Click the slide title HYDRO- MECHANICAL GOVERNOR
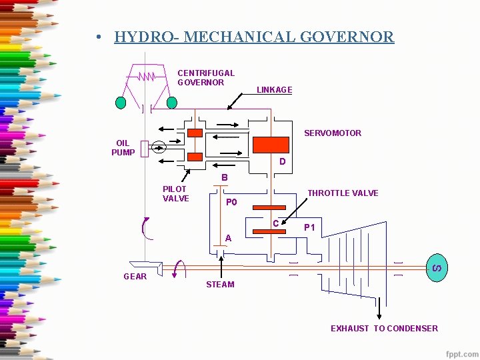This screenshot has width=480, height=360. point(254,37)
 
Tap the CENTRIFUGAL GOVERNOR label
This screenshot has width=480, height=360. point(205,77)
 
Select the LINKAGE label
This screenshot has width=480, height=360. point(274,90)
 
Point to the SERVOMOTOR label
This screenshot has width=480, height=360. point(333,133)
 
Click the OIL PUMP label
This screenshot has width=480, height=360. point(123,148)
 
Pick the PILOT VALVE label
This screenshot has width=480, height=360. point(176,194)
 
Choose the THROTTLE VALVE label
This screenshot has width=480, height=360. point(343,193)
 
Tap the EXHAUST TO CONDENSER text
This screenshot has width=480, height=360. point(384,328)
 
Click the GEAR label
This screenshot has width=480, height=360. point(135,277)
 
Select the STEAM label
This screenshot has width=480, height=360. point(220,285)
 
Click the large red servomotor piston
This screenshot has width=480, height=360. point(271,145)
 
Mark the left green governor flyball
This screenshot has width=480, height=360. point(121,103)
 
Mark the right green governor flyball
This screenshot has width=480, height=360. point(171,103)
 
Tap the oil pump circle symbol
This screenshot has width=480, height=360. point(159,147)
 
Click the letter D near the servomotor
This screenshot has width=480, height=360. point(283,162)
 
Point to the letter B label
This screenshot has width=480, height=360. point(225,178)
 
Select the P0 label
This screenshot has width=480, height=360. point(231,202)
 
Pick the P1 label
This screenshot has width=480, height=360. point(309,228)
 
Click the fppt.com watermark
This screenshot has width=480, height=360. point(461,353)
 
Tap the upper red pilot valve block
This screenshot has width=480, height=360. point(195,133)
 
